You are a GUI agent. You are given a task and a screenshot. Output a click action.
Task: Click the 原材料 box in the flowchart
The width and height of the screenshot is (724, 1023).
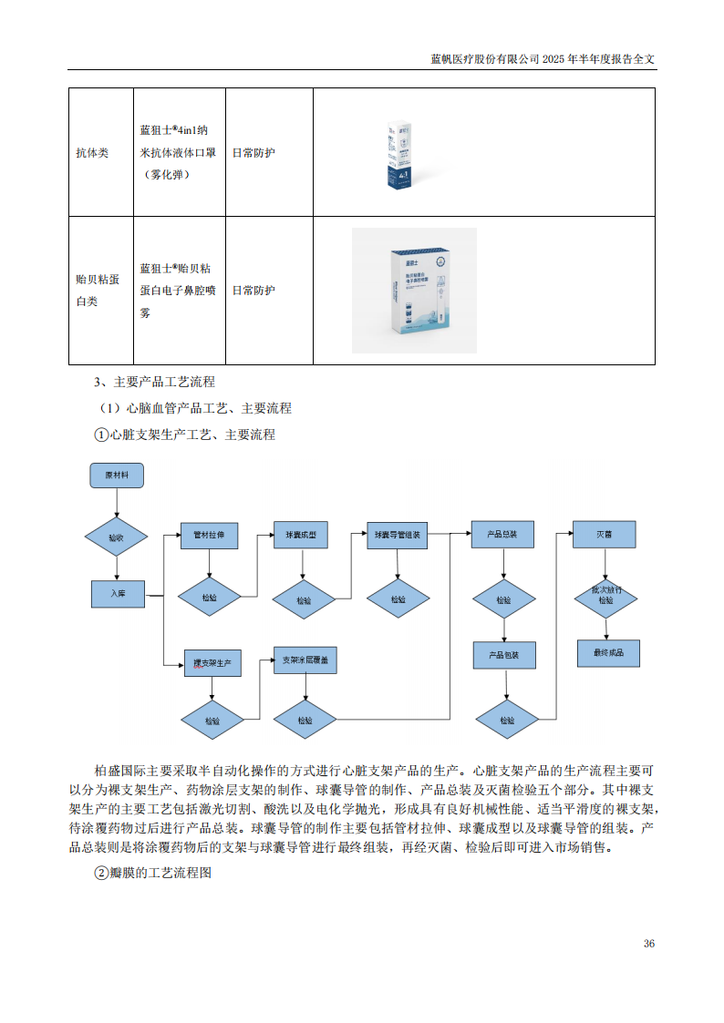[x=117, y=476]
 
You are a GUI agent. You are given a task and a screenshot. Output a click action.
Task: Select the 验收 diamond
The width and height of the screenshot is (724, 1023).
[x=116, y=537]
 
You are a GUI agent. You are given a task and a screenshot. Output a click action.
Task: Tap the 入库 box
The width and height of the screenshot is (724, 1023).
[x=118, y=593]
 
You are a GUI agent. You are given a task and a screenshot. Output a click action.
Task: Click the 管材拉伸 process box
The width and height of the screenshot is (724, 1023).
[x=209, y=535]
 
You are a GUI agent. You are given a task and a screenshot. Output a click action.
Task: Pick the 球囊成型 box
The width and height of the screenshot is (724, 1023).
[x=301, y=535]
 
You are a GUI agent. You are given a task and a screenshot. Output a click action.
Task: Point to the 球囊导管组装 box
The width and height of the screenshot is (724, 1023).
[x=397, y=536]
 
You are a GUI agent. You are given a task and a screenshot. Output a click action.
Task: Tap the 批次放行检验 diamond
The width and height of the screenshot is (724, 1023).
[x=605, y=596]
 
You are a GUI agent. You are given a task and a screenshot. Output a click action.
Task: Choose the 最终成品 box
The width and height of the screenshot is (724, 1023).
[x=608, y=653]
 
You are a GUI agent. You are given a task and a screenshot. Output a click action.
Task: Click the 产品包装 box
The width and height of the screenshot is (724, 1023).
[x=504, y=655]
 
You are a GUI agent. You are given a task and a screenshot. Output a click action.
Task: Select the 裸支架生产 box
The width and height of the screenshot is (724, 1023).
[x=212, y=662]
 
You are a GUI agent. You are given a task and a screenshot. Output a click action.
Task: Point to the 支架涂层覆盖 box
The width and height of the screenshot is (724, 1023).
[x=306, y=660]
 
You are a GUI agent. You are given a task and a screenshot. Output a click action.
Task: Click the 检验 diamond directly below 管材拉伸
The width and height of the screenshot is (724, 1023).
[x=210, y=598]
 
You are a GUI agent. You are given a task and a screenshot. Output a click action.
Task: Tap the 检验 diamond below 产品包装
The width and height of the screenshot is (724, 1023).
[x=507, y=720]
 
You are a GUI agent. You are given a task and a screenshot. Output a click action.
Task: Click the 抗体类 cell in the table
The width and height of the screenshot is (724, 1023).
[x=92, y=153]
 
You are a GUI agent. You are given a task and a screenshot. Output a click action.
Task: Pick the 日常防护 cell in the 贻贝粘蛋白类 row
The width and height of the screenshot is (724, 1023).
[x=253, y=291]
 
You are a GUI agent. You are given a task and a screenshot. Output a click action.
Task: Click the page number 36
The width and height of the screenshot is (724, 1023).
[x=648, y=943]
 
